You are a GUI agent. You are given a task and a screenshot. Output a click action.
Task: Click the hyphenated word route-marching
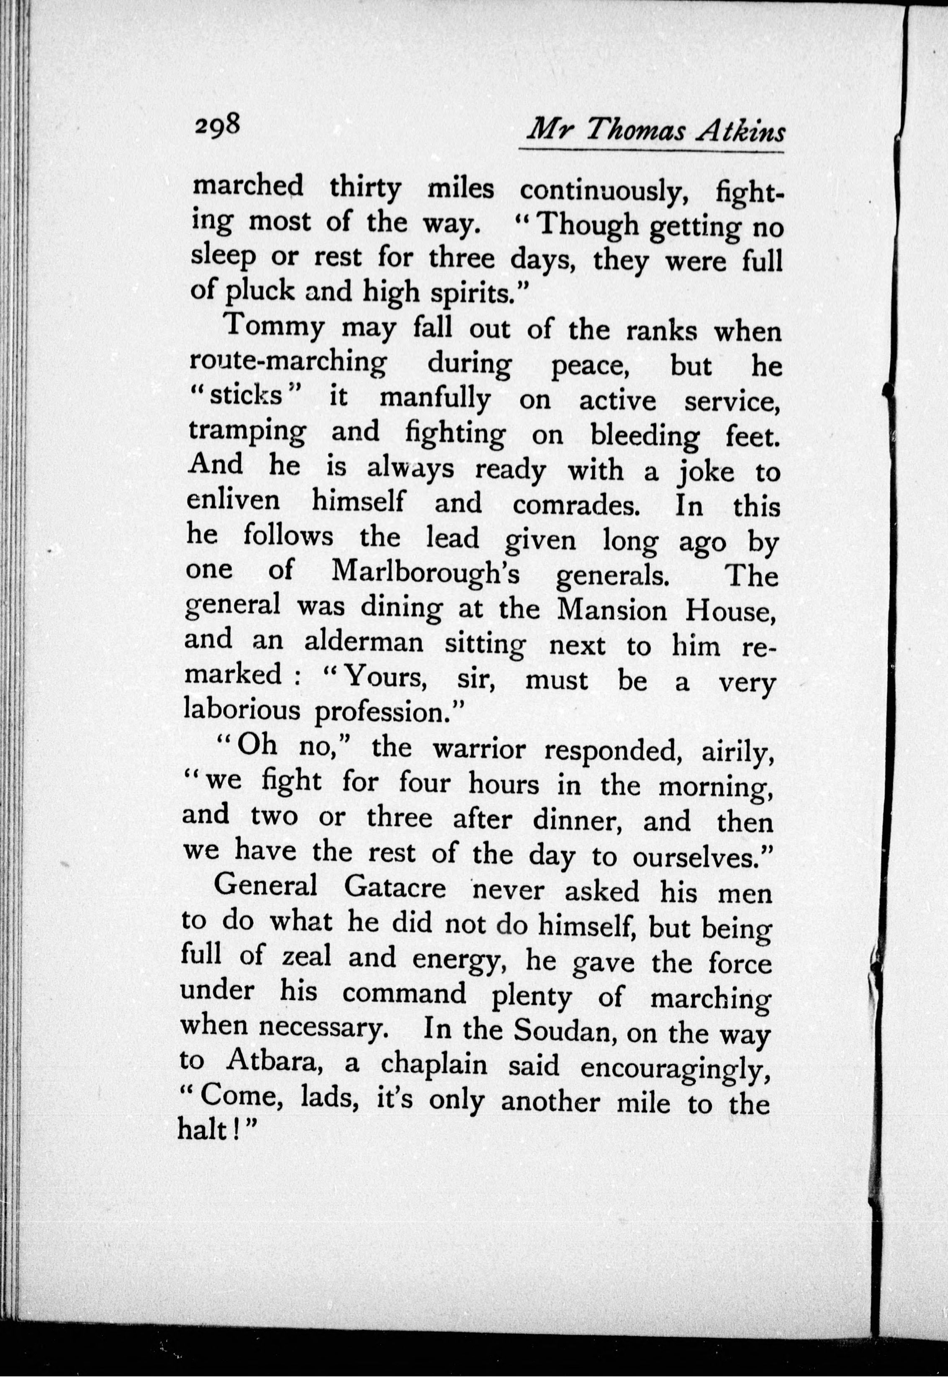coord(288,365)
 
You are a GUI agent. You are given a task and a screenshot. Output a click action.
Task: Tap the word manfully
coord(434,400)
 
